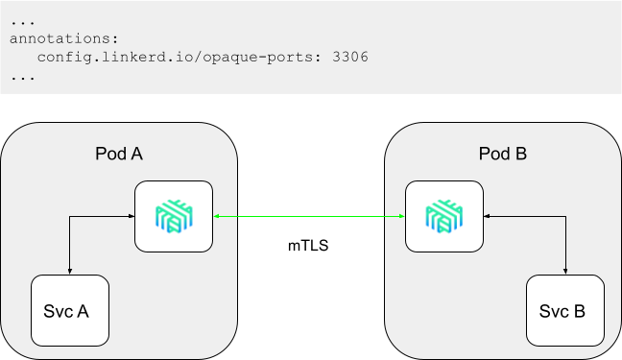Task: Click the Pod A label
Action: pos(120,154)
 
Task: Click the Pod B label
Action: pos(503,154)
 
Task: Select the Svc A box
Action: pos(70,311)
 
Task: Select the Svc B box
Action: pos(565,311)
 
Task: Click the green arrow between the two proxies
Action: pos(308,218)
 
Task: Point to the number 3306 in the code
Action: pos(348,57)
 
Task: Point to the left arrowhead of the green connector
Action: pos(217,218)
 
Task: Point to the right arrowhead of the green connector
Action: pos(400,218)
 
